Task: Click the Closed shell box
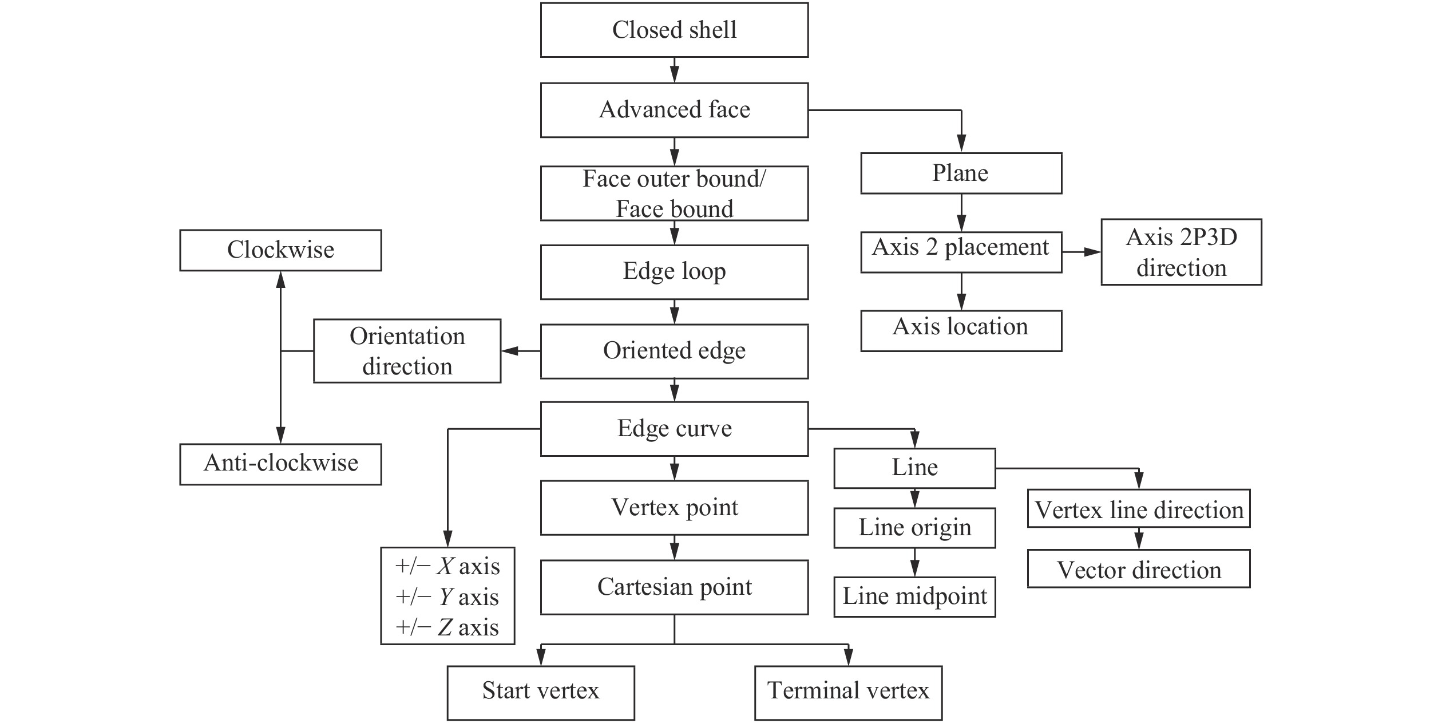pyautogui.click(x=674, y=30)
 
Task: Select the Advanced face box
pyautogui.click(x=674, y=110)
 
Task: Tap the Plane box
pyautogui.click(x=961, y=173)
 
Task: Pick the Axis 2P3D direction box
pyautogui.click(x=1180, y=252)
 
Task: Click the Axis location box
pyautogui.click(x=961, y=330)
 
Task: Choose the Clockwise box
pyautogui.click(x=280, y=250)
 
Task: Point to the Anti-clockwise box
pyautogui.click(x=280, y=464)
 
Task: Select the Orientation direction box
pyautogui.click(x=407, y=351)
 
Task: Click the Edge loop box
pyautogui.click(x=674, y=272)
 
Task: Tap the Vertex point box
pyautogui.click(x=674, y=508)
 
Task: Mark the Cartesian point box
pyautogui.click(x=674, y=587)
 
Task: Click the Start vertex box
pyautogui.click(x=540, y=692)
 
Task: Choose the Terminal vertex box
pyautogui.click(x=848, y=692)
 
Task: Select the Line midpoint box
pyautogui.click(x=914, y=596)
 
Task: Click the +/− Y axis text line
pyautogui.click(x=447, y=597)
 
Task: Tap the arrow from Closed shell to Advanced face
pyautogui.click(x=674, y=70)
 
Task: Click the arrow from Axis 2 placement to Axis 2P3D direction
pyautogui.click(x=1081, y=252)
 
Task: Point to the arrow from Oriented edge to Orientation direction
pyautogui.click(x=521, y=351)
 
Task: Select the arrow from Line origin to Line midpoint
pyautogui.click(x=914, y=562)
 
